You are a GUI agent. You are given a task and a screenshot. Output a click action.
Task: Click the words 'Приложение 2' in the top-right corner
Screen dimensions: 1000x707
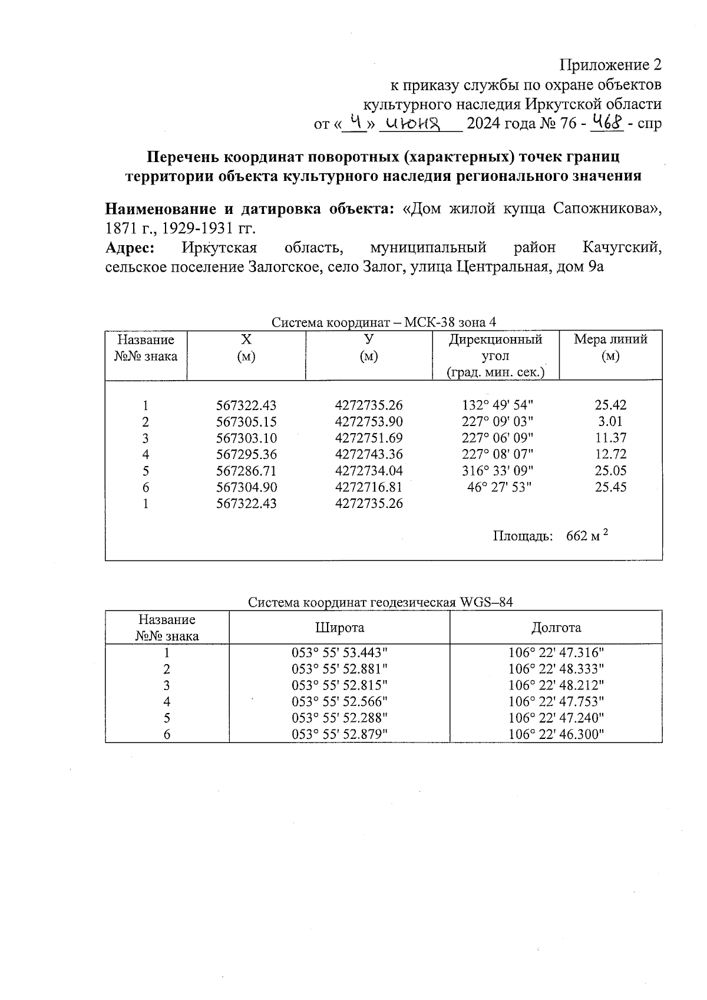click(x=610, y=64)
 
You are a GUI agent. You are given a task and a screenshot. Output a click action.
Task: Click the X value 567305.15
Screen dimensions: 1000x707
click(x=246, y=422)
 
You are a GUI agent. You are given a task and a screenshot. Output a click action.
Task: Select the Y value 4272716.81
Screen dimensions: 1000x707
click(x=369, y=487)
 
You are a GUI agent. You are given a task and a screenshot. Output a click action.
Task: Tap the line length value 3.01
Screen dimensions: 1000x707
click(x=610, y=422)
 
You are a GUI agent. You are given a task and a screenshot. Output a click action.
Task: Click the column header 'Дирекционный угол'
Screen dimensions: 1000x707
click(x=495, y=348)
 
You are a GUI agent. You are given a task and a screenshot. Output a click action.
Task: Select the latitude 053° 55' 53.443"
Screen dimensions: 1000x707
click(x=340, y=653)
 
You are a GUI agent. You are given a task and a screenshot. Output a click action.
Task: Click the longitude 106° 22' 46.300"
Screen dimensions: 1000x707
click(x=556, y=734)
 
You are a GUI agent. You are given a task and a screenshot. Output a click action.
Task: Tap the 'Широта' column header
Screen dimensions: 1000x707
click(x=339, y=628)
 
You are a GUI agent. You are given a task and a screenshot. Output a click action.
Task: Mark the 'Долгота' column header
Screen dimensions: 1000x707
click(x=556, y=628)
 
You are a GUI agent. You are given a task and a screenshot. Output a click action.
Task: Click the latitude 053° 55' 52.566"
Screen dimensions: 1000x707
click(x=340, y=702)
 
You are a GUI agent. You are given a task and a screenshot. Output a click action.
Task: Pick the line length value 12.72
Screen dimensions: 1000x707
click(x=610, y=454)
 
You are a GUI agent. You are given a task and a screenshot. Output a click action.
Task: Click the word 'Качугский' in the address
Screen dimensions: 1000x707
click(x=622, y=247)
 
